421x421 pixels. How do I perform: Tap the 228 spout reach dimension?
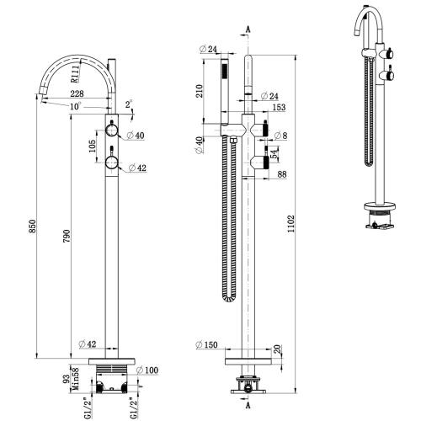point(77,94)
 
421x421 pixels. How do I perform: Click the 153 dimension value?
point(280,108)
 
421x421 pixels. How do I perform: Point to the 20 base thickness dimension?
point(278,349)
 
